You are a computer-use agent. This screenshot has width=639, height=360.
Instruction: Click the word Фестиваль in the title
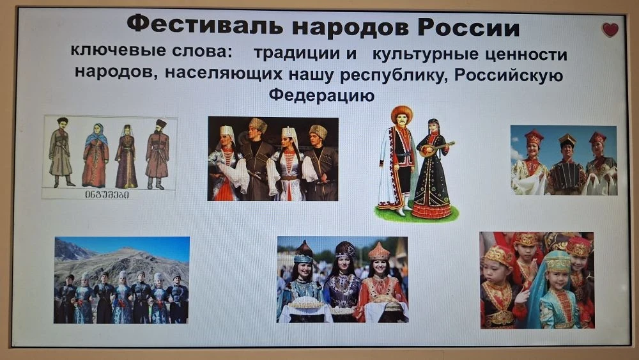point(205,26)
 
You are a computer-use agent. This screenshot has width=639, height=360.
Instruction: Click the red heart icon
point(610,30)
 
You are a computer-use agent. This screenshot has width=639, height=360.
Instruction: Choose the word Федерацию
point(321,95)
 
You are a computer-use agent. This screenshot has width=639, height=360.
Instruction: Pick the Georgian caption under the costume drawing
point(107,194)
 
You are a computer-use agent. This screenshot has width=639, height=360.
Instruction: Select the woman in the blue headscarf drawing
point(95,155)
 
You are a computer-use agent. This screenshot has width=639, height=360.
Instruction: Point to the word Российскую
point(509,75)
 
